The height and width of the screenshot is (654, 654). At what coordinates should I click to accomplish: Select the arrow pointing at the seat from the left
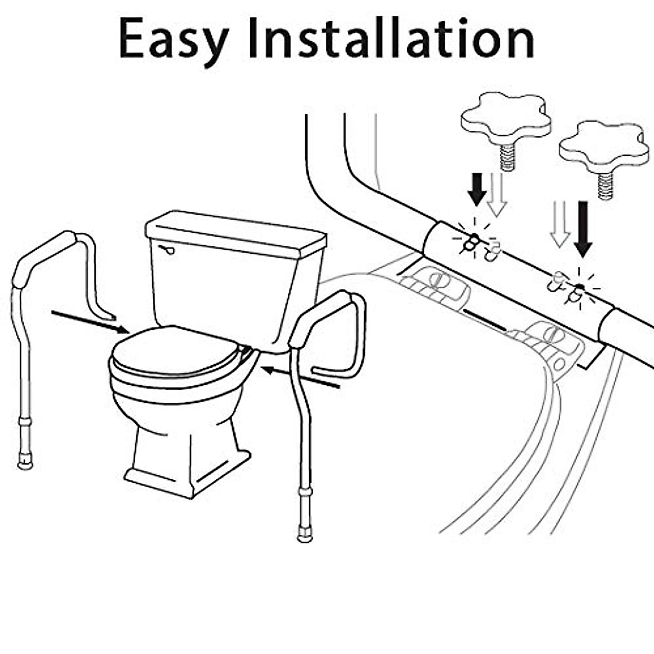point(90,321)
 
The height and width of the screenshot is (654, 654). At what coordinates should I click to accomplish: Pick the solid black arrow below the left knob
point(477,189)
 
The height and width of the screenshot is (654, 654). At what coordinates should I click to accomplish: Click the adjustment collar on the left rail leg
point(25,422)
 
